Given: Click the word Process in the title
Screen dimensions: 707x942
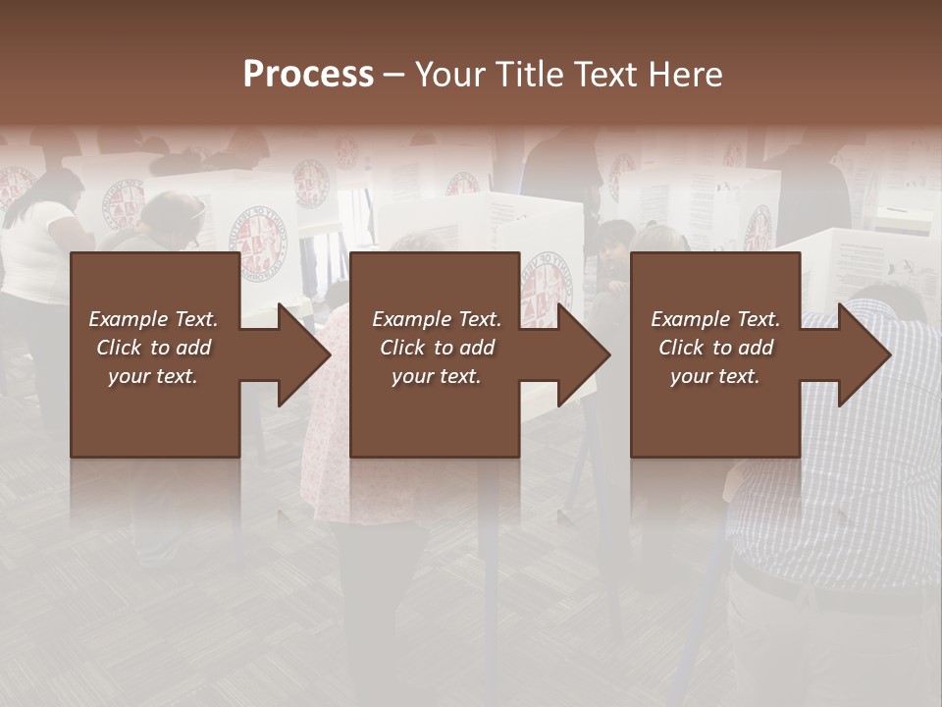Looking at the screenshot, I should click(x=308, y=75).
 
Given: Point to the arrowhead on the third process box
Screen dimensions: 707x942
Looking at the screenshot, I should click(x=860, y=354).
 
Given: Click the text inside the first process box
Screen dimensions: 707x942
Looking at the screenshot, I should click(x=153, y=348).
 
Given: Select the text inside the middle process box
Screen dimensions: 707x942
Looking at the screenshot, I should click(x=437, y=348).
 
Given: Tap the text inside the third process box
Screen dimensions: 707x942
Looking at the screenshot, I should click(x=715, y=348).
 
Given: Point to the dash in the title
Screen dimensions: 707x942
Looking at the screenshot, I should click(x=392, y=75).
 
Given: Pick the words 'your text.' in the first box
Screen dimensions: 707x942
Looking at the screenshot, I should click(x=153, y=376).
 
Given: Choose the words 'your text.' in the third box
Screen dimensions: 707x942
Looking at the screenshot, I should click(x=715, y=376).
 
